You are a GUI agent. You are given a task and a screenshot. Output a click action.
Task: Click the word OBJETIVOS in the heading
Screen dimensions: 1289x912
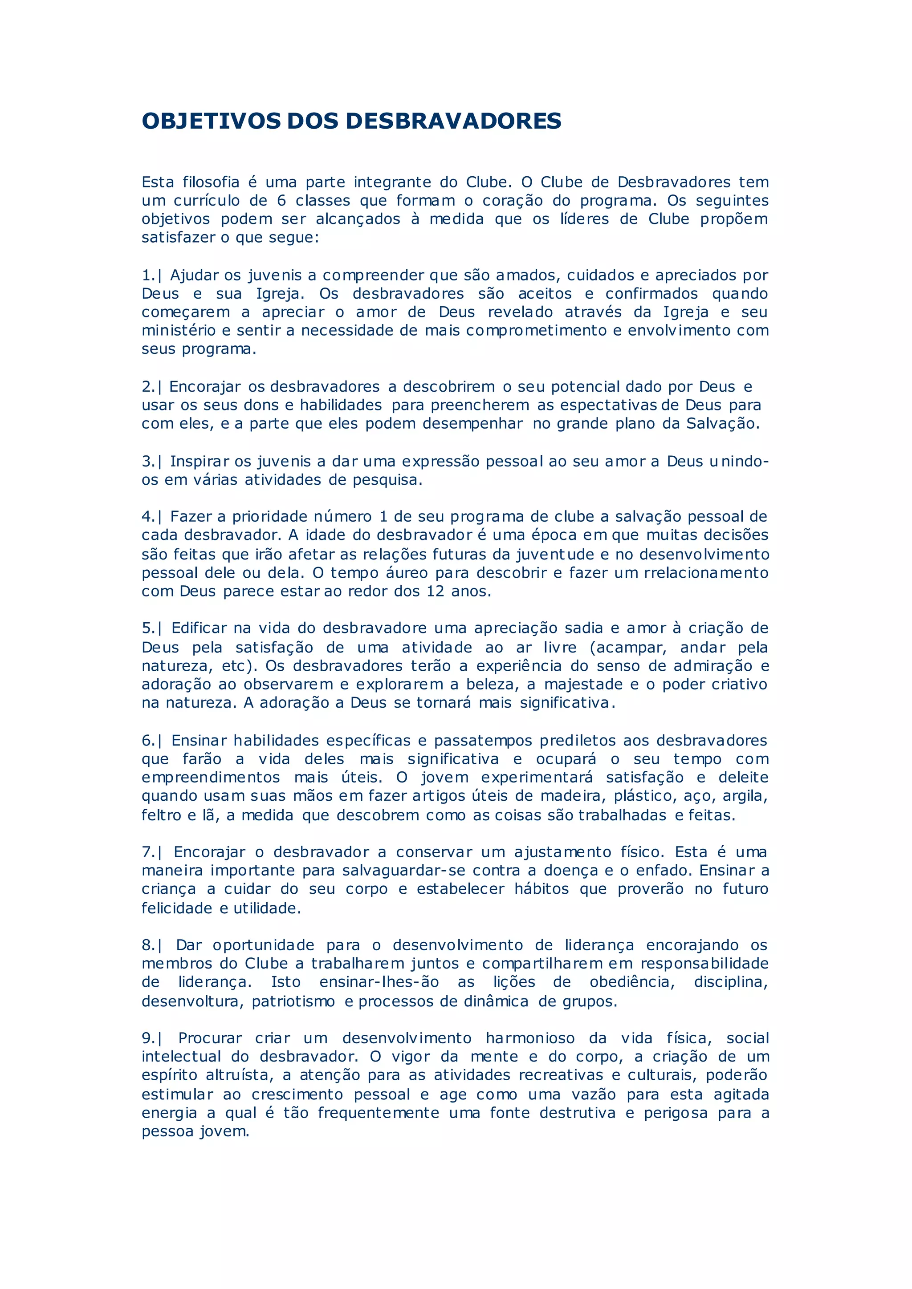[x=211, y=121]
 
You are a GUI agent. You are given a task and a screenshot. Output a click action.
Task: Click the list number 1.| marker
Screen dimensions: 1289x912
[x=151, y=275]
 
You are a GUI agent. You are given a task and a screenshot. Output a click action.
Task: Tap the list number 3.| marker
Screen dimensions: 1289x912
[x=151, y=462]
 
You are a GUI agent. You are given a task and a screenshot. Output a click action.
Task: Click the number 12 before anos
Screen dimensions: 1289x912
[x=435, y=591]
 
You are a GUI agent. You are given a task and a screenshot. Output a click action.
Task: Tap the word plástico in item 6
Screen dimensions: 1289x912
[x=643, y=796]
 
